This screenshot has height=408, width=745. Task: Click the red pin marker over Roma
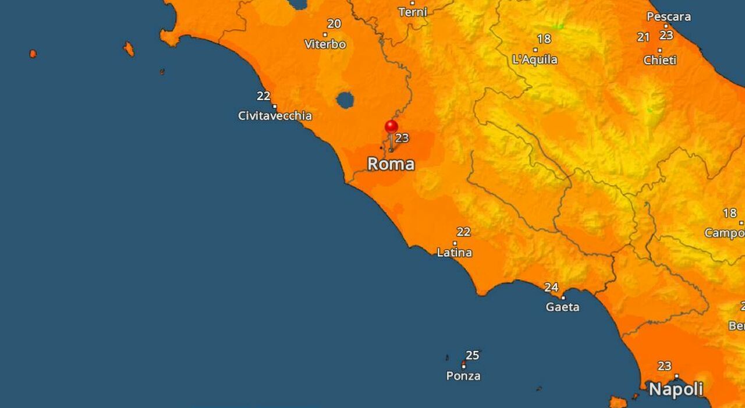point(391,126)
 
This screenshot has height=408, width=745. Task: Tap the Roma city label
point(391,164)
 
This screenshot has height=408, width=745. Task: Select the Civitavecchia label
point(275,116)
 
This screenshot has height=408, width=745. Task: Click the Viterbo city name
point(325,44)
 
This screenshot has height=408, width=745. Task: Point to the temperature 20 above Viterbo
point(334,24)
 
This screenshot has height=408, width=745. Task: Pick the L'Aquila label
point(535,59)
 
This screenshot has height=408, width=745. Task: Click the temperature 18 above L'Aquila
point(544,39)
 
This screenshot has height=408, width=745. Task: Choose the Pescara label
point(669,17)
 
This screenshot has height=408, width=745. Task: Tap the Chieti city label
point(659,61)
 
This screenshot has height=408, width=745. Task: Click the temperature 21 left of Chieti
point(643,37)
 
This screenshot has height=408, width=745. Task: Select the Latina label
point(454,253)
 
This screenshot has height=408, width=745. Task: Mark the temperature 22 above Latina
point(463,232)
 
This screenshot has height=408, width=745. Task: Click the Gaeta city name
point(562,307)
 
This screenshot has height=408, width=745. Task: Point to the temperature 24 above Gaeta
point(551,288)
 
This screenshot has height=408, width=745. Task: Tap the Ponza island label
point(463,376)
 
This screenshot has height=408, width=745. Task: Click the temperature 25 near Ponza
point(472,355)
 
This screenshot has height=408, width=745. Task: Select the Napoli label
point(676,389)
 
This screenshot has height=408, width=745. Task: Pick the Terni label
point(413,12)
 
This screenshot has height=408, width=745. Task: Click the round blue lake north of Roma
point(345,100)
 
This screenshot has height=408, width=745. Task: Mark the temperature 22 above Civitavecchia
point(264,96)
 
